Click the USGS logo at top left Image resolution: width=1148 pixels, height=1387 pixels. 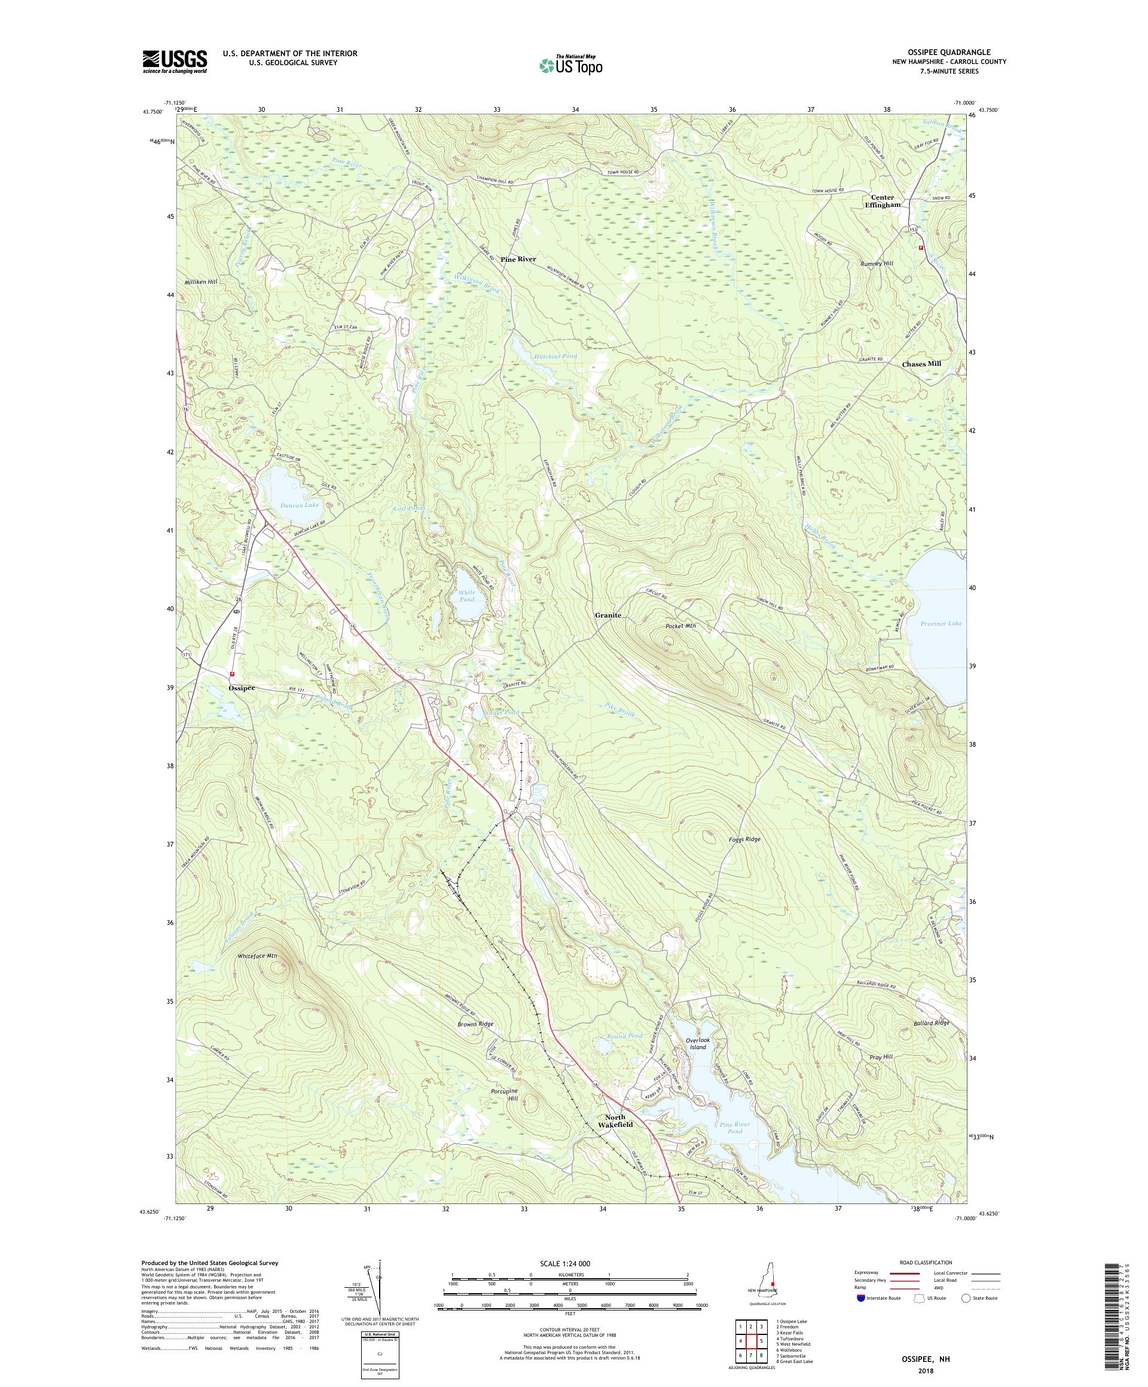[x=175, y=62]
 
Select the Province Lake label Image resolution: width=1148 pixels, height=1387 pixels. [x=941, y=623]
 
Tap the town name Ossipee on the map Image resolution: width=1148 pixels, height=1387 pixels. [x=241, y=688]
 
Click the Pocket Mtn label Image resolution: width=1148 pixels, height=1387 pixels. [x=680, y=625]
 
